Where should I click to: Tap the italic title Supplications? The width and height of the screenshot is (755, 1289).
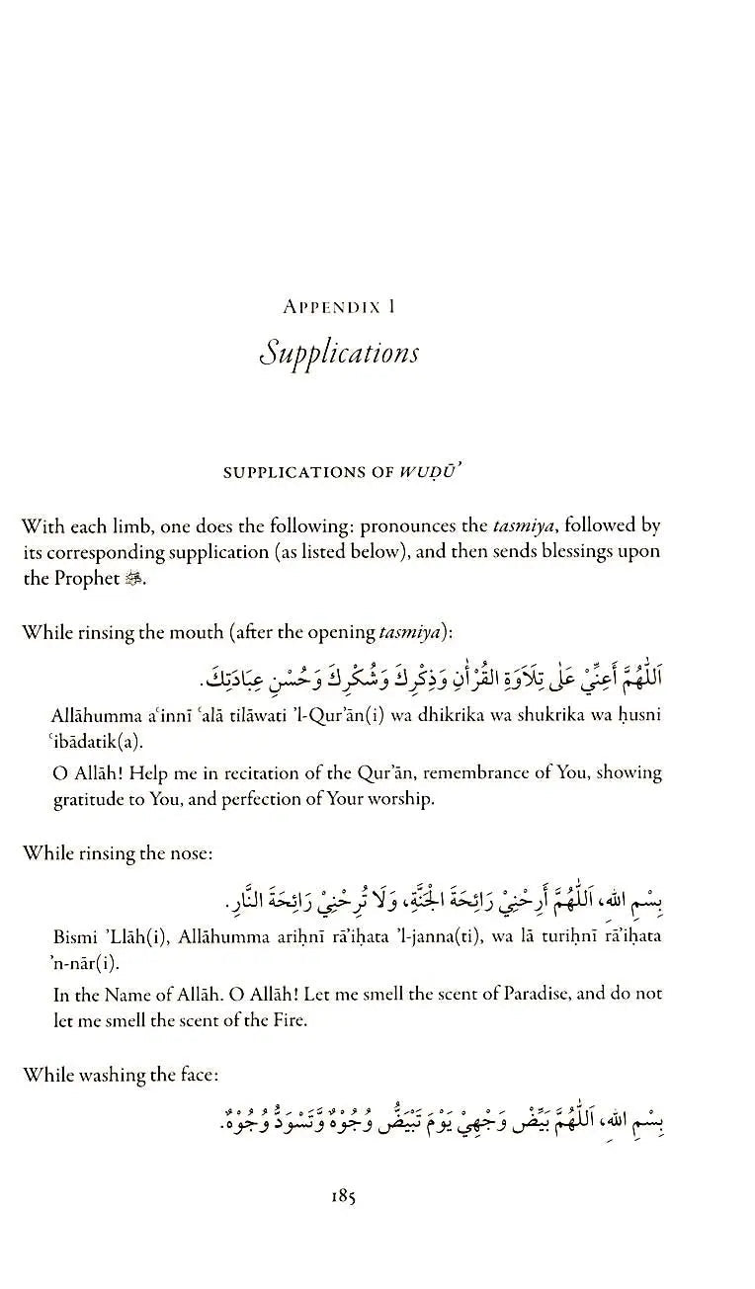pos(339,354)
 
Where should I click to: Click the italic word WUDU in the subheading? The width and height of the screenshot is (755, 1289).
pos(431,472)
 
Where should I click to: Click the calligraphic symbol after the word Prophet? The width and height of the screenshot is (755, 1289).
pos(135,580)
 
